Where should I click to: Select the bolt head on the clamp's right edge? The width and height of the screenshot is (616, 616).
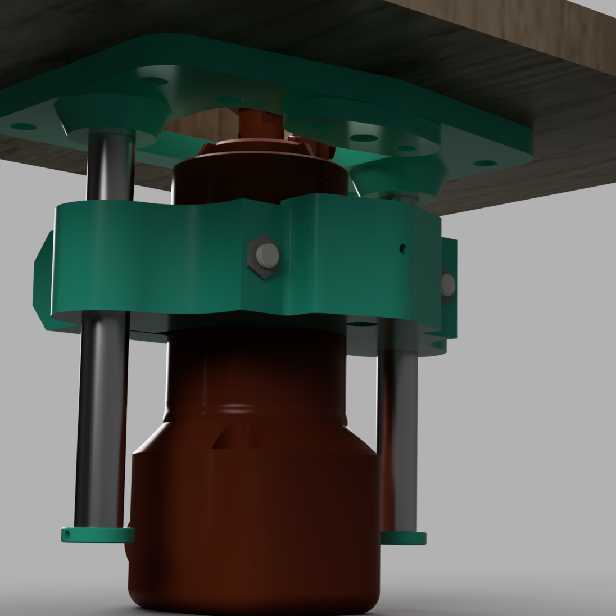447,285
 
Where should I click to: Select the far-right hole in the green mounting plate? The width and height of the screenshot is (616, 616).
481,164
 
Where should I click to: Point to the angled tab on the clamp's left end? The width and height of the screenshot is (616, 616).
43,281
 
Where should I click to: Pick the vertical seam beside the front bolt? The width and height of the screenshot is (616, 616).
291,259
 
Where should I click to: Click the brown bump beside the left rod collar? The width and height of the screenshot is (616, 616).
130,542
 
